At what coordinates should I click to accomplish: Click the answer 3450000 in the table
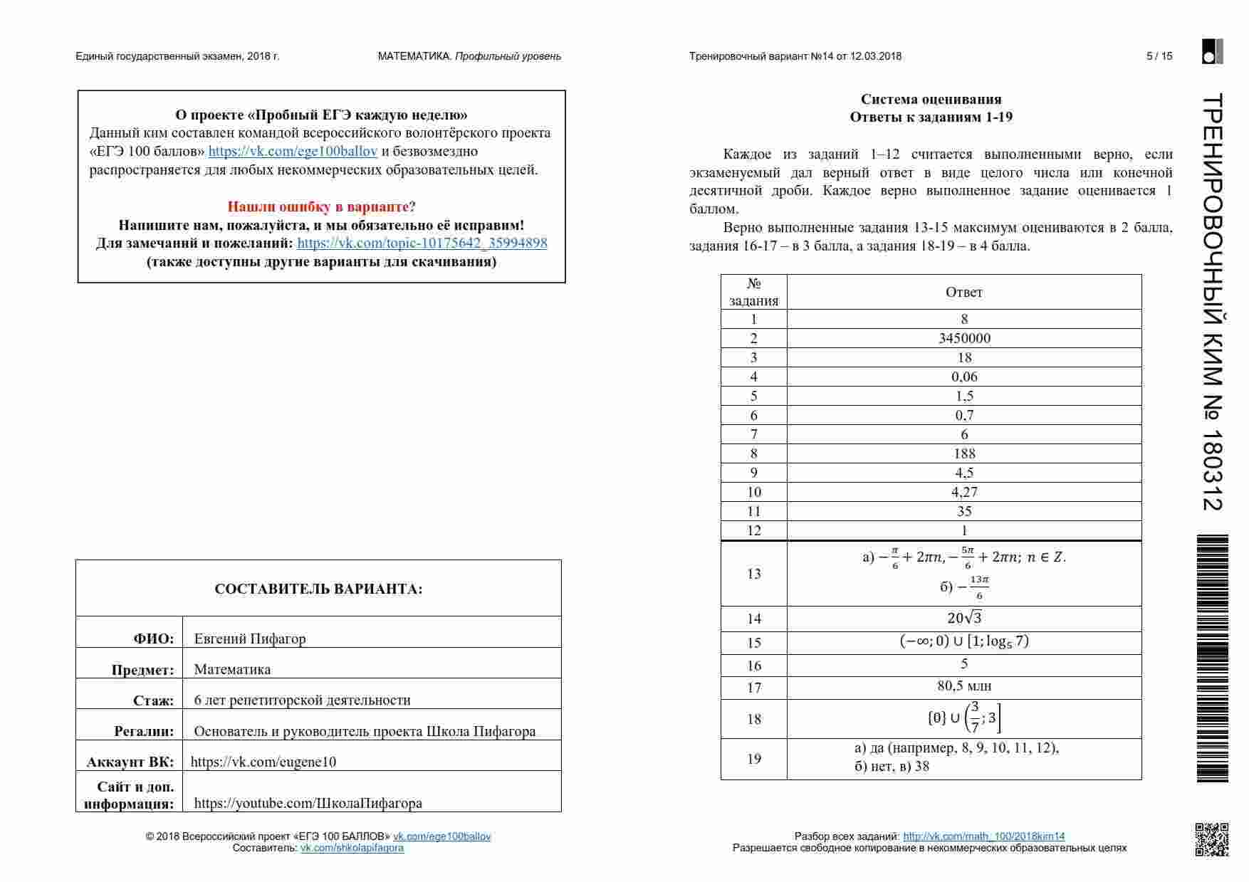(x=964, y=338)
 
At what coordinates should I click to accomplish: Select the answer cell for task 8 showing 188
(x=964, y=453)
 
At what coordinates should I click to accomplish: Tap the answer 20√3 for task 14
(x=964, y=618)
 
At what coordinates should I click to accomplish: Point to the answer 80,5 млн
(x=964, y=686)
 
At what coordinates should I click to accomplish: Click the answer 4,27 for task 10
(x=964, y=492)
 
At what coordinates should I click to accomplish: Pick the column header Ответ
(x=964, y=292)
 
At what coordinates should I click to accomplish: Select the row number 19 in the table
(x=754, y=759)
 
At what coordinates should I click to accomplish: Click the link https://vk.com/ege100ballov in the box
(x=293, y=151)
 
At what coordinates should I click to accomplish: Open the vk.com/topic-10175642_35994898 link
(x=422, y=243)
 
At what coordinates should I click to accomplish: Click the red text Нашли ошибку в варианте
(x=318, y=206)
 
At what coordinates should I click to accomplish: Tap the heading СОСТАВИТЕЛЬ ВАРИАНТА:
(x=318, y=589)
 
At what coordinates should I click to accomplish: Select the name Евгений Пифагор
(x=250, y=639)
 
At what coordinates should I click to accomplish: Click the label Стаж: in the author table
(x=153, y=700)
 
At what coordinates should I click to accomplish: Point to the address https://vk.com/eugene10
(x=263, y=762)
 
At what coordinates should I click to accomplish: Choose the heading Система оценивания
(x=931, y=99)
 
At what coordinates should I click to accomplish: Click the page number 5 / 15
(x=1159, y=56)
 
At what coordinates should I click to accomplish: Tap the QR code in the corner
(x=1211, y=839)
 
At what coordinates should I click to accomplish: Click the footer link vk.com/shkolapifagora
(x=352, y=848)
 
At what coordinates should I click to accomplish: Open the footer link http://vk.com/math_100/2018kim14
(x=983, y=836)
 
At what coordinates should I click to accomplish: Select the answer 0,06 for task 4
(x=964, y=377)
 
